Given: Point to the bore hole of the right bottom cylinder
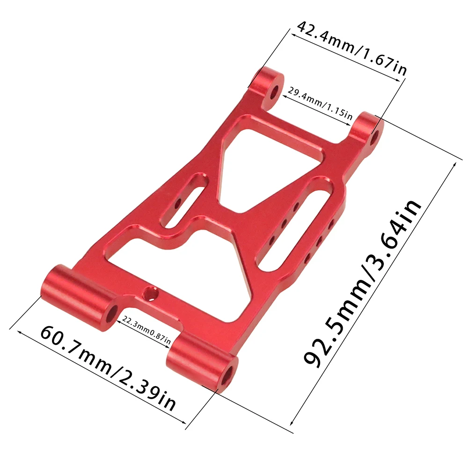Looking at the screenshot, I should (x=229, y=375).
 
